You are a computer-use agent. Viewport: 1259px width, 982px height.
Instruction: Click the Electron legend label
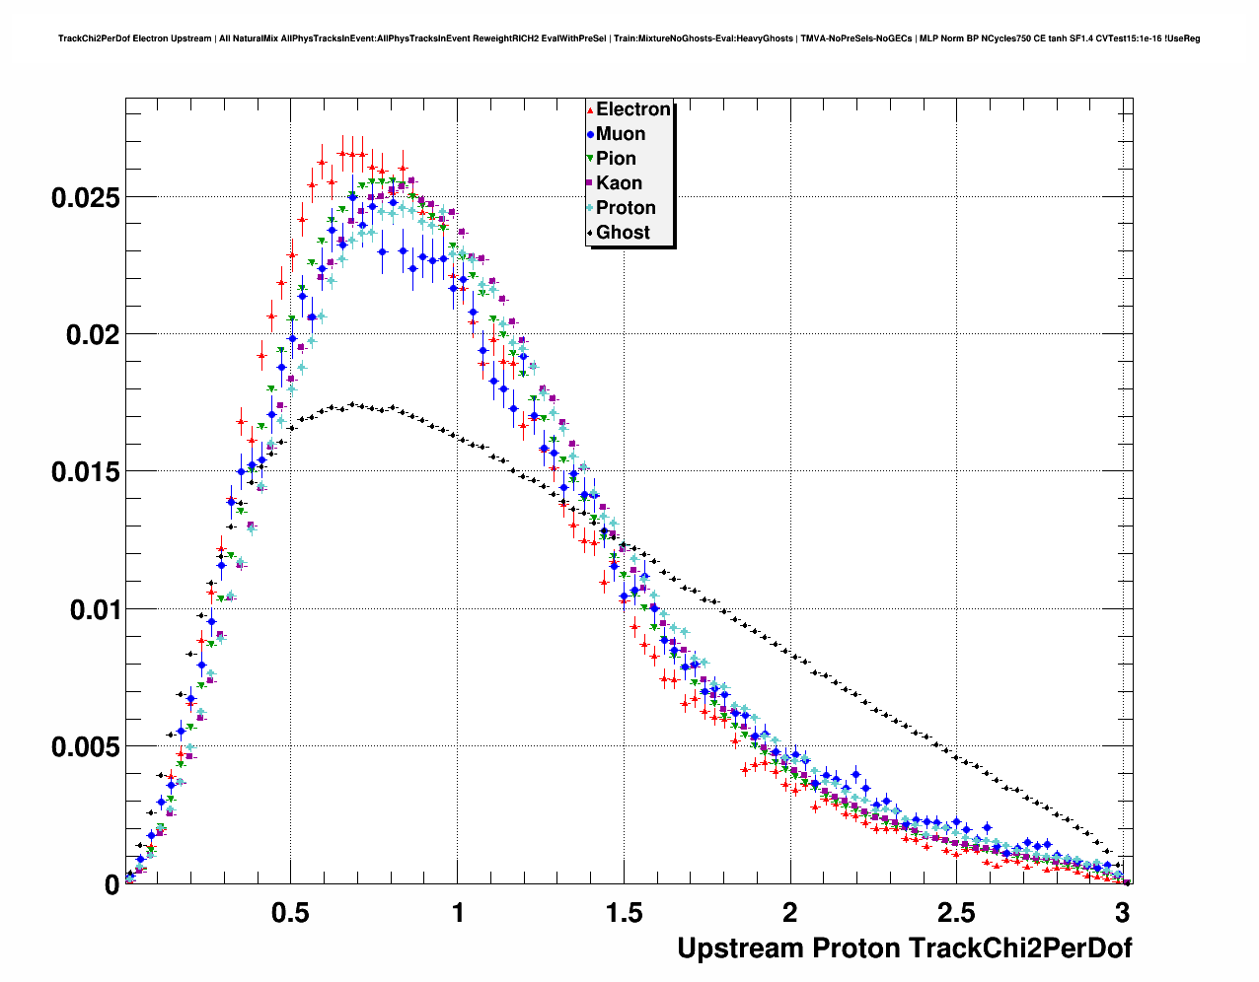(x=633, y=109)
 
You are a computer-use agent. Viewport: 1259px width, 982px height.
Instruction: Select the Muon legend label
(x=621, y=134)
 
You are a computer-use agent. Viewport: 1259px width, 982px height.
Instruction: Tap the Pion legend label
(x=616, y=159)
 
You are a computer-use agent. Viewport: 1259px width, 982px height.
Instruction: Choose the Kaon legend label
(x=619, y=183)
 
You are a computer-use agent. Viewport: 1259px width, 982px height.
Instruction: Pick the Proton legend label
(x=626, y=208)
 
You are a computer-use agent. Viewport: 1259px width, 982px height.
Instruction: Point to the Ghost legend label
(x=623, y=233)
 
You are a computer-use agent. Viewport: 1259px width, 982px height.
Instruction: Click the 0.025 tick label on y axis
(x=86, y=197)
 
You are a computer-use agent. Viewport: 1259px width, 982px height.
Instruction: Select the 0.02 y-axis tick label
(x=93, y=335)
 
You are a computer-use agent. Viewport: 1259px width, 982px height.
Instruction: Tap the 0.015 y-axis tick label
(x=86, y=472)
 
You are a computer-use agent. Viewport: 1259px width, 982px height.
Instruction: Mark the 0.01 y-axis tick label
(x=93, y=609)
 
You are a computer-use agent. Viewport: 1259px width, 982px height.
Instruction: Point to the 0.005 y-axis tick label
(x=86, y=747)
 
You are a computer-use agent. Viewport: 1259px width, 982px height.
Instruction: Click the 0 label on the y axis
(x=111, y=885)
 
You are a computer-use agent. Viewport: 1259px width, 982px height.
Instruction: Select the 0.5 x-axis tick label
(x=291, y=913)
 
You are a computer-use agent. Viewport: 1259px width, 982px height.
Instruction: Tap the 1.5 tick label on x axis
(x=624, y=913)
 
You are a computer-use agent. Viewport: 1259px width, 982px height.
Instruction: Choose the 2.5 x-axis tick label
(x=956, y=913)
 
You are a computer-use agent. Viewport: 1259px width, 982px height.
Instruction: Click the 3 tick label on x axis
(x=1122, y=913)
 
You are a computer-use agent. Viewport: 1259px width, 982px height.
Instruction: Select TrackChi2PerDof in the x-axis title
(x=1019, y=948)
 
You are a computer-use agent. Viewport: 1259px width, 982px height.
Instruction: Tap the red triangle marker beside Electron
(x=590, y=109)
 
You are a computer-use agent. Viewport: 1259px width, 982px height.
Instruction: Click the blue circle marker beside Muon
(x=590, y=134)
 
